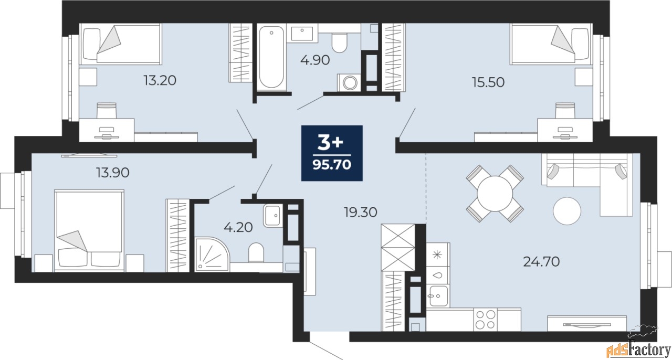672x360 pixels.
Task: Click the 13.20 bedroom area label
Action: pyautogui.click(x=160, y=80)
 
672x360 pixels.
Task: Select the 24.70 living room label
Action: pyautogui.click(x=542, y=260)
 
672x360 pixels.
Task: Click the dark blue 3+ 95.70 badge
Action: pyautogui.click(x=332, y=153)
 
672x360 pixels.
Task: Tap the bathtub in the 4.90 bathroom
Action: pyautogui.click(x=271, y=58)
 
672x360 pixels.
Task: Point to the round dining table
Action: pyautogui.click(x=495, y=194)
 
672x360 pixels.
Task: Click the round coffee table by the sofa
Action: pyautogui.click(x=567, y=210)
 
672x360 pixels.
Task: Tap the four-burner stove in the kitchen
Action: pyautogui.click(x=485, y=319)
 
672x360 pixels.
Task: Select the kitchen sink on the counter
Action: pyautogui.click(x=437, y=295)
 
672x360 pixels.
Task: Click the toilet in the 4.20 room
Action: pyautogui.click(x=256, y=252)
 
